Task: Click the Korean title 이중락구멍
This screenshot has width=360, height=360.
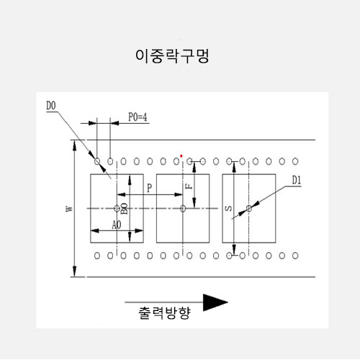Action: coord(172,56)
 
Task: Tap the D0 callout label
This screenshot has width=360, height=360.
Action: coord(51,106)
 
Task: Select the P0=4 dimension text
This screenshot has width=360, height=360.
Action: coord(138,117)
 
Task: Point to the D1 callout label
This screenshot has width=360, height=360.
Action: coord(297,180)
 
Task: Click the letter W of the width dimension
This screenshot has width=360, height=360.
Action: coord(69,209)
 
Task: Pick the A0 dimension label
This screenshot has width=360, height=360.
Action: coord(117,225)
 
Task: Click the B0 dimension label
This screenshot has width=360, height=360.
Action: coord(124,208)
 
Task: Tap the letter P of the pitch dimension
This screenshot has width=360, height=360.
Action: coord(149,188)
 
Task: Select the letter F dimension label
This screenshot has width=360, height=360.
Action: coord(189,186)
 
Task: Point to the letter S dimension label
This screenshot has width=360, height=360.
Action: coord(229,208)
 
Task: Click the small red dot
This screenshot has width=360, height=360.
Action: coord(181,156)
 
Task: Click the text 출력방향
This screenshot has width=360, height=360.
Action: coord(165,313)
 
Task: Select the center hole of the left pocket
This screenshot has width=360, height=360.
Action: coord(117,208)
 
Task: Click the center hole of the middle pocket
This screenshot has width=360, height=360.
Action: coord(183,208)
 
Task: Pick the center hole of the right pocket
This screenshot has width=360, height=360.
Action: coord(249,208)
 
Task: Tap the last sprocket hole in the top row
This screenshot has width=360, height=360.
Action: coord(295,161)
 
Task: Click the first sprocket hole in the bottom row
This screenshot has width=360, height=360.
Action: coord(97,256)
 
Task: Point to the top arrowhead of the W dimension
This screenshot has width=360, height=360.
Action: coord(75,145)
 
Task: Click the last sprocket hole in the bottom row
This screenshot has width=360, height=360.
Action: coord(295,256)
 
